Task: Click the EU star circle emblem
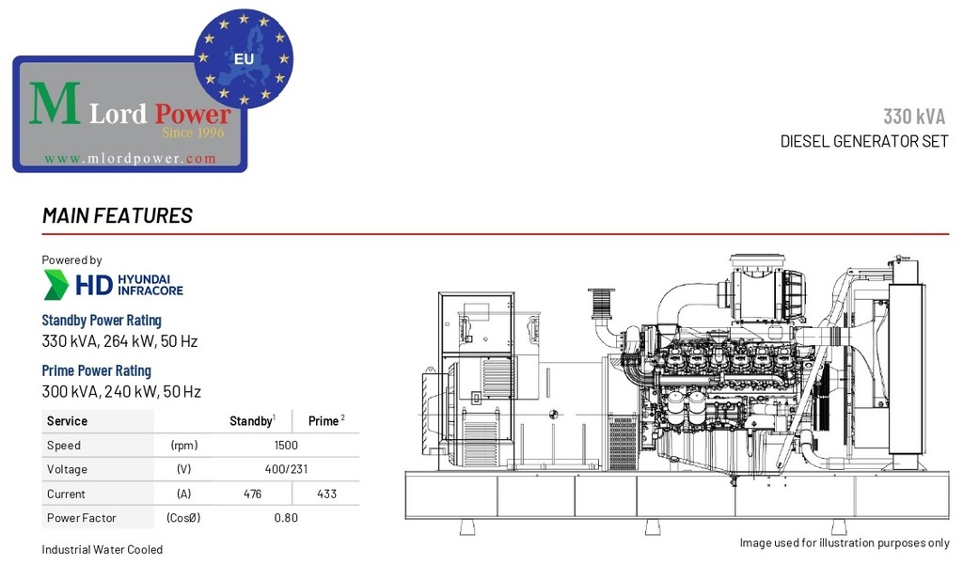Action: coord(244,58)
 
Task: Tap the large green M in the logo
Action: coord(55,103)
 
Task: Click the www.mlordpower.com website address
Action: coord(130,159)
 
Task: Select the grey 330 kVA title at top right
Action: coord(914,116)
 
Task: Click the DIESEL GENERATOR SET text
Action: coord(864,141)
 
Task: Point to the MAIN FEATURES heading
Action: coord(118,215)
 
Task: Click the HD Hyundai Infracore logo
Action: coord(113,285)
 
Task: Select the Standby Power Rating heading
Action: coord(102,321)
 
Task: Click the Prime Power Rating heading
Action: coord(97,371)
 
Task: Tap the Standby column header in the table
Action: coord(252,420)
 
